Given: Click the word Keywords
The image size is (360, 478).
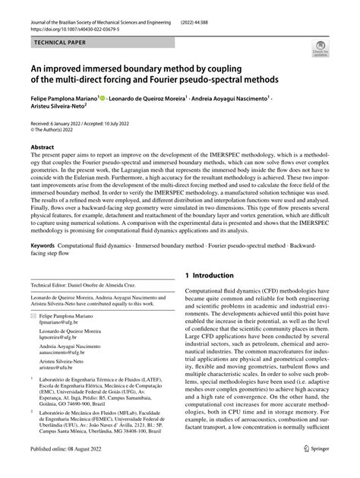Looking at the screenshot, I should click(47, 247).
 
